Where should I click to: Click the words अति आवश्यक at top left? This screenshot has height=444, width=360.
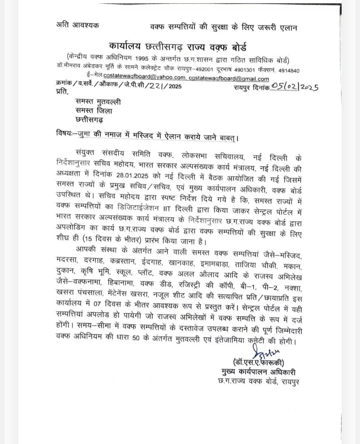(x=77, y=25)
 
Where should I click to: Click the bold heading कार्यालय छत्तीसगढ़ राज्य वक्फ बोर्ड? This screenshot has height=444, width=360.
(x=178, y=47)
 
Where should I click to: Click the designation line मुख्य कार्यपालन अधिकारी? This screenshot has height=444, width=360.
(x=259, y=372)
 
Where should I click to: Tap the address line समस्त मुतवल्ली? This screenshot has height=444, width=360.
(x=98, y=101)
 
